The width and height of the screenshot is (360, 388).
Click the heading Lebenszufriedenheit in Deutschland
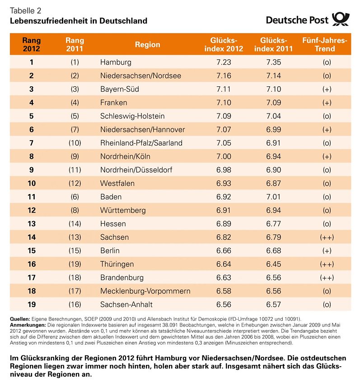point(79,21)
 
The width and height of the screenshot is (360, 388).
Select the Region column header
point(147,44)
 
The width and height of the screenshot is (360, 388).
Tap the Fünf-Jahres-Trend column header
point(325,44)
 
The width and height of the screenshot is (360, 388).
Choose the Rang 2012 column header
point(31,44)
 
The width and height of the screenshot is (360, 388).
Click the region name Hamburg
point(116,62)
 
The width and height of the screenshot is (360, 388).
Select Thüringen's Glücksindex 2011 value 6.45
point(274,264)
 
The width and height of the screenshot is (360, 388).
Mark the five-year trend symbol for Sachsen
point(326,237)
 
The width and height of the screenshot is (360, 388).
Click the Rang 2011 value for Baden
point(75,197)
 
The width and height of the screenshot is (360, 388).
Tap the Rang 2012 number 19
point(31,305)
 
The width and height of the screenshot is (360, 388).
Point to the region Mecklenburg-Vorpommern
point(145,291)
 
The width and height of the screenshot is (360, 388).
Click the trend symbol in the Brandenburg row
point(326,278)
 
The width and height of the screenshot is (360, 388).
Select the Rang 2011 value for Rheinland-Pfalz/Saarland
point(75,143)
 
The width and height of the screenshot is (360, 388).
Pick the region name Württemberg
point(123,211)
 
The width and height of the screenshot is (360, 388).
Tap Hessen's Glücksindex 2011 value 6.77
point(274,224)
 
